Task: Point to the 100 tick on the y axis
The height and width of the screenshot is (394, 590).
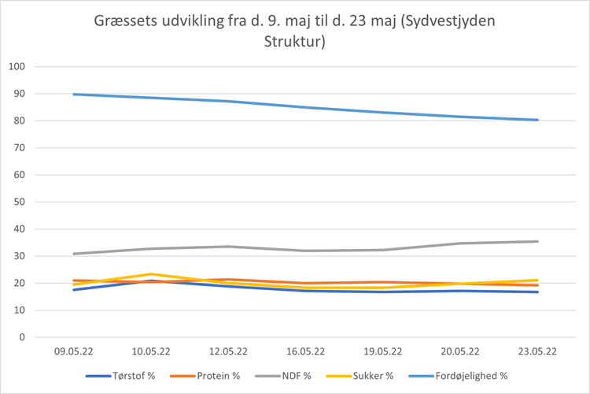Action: pos(17,67)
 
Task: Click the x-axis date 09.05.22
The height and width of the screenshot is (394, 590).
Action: pos(73,351)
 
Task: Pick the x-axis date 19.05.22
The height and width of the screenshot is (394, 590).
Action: pos(382,351)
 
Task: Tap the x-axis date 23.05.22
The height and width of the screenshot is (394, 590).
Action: pos(537,351)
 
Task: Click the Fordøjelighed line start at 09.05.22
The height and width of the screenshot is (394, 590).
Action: pos(74,95)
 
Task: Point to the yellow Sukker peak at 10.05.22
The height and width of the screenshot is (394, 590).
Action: pos(151,274)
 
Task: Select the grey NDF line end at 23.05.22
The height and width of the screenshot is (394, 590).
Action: pos(537,241)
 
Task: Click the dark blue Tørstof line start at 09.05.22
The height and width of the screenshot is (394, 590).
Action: pos(74,290)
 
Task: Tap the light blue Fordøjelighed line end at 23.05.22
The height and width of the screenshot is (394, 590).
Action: pos(537,120)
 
